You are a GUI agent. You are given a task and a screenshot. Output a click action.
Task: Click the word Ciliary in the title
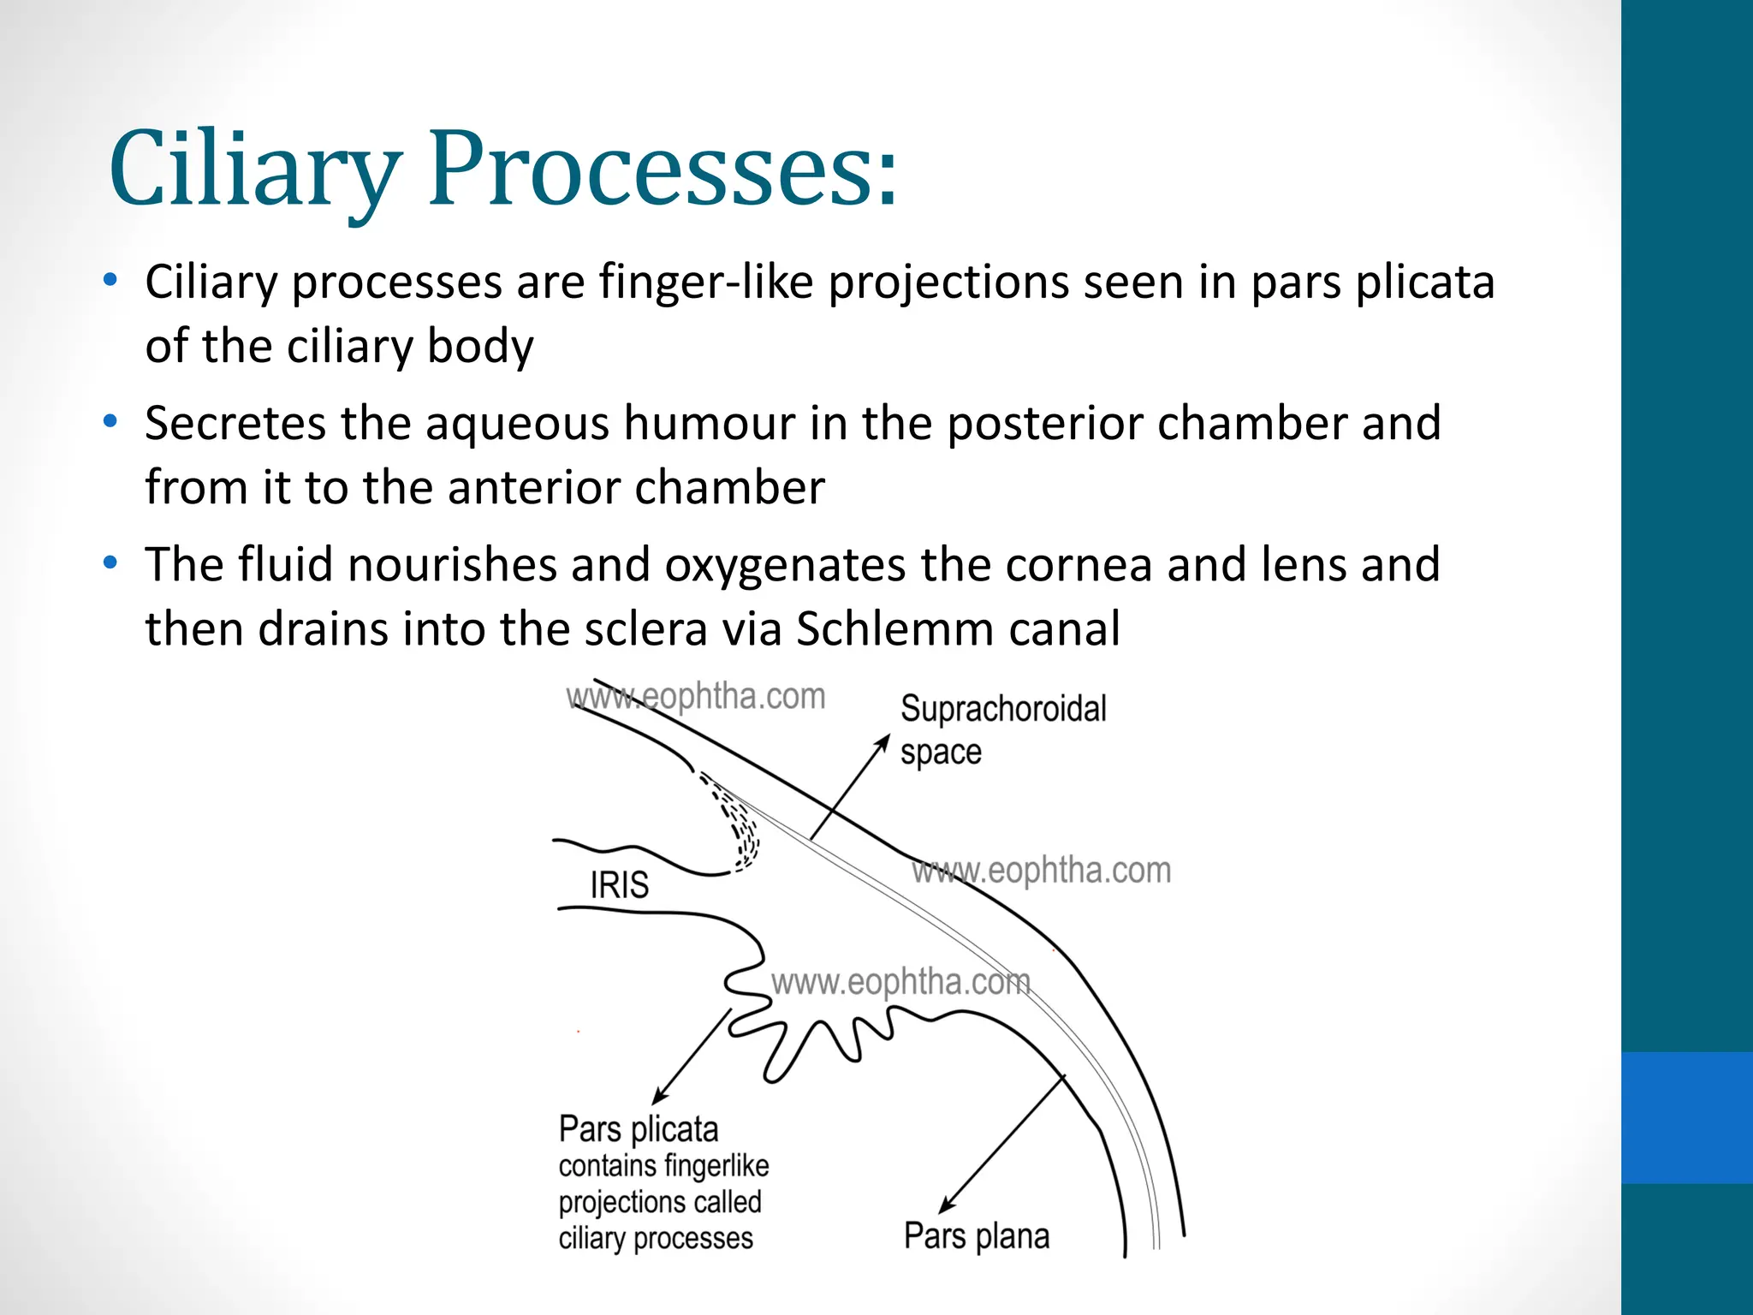[254, 169]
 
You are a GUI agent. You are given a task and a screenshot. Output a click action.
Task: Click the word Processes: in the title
[663, 169]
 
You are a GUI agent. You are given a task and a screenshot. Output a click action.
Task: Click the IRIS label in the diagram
[619, 884]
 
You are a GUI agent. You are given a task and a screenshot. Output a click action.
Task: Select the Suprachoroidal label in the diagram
[1003, 709]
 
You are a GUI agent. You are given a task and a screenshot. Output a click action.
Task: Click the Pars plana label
[977, 1236]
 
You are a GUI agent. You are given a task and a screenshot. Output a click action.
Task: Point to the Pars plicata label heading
[639, 1129]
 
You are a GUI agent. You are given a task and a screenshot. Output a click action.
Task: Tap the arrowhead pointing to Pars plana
[946, 1205]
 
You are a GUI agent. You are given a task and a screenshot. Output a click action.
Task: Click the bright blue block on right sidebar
[1687, 1117]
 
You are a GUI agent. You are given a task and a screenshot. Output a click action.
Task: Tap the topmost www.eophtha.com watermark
[696, 697]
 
